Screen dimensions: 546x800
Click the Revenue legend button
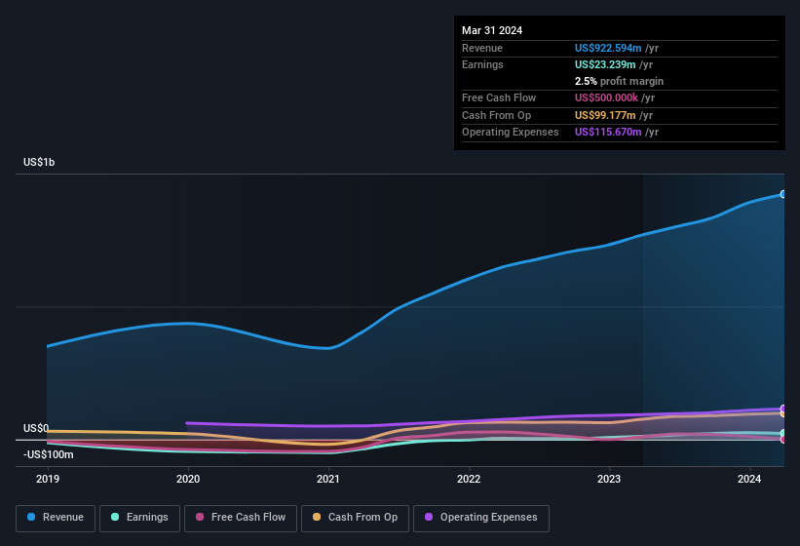click(x=56, y=517)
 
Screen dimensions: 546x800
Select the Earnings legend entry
click(x=140, y=517)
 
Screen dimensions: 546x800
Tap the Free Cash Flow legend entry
click(x=241, y=517)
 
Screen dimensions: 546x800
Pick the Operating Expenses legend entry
click(x=481, y=517)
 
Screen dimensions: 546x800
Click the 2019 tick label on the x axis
click(x=48, y=479)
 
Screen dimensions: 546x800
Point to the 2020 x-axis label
click(x=188, y=479)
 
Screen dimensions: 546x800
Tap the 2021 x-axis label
click(x=328, y=479)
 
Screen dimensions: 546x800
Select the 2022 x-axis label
click(x=469, y=479)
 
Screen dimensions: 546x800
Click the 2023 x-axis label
click(x=609, y=479)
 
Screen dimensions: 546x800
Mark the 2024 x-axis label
click(x=749, y=479)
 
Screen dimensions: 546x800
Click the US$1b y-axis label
click(x=40, y=162)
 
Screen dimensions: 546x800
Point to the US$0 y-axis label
click(x=36, y=428)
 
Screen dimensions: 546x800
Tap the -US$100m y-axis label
click(x=49, y=454)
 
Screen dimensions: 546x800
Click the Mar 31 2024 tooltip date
click(x=492, y=30)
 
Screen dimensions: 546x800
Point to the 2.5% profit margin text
click(x=619, y=81)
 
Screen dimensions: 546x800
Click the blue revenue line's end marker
click(x=783, y=194)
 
